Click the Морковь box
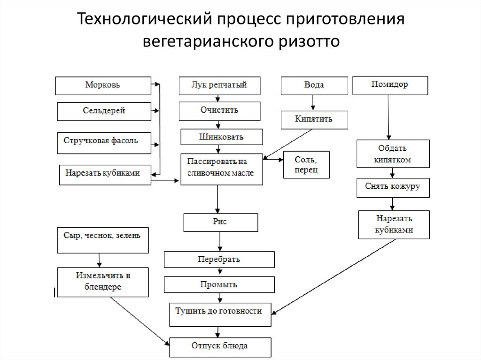103,85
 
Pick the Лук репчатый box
219,85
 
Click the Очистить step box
219,111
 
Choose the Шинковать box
222,137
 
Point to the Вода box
314,85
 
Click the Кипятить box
314,119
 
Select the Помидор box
390,85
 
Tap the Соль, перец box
306,164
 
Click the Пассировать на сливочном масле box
222,169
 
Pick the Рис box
221,222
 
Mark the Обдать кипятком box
393,153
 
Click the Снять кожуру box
392,187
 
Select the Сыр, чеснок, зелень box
102,240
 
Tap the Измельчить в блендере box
103,282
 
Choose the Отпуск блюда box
220,347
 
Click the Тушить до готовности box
220,314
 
